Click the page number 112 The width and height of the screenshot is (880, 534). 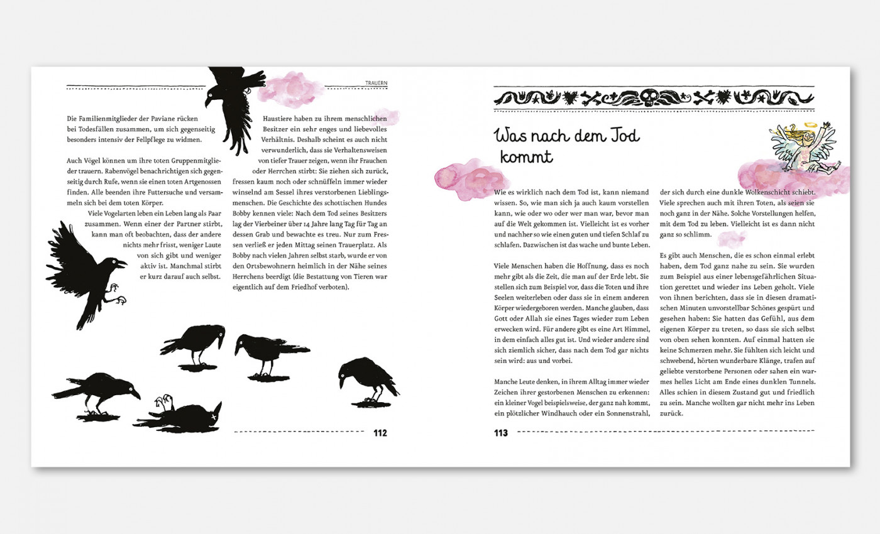pos(380,433)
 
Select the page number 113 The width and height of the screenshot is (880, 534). pos(501,433)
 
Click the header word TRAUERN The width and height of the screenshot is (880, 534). pos(377,82)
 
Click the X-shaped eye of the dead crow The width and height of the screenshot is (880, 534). pos(215,416)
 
